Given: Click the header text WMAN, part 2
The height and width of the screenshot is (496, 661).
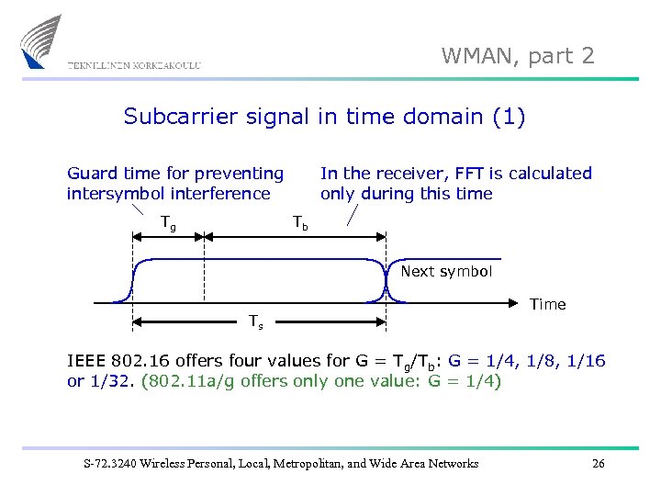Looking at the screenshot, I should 518,56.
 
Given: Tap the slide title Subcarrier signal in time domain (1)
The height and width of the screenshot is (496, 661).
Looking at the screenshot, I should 324,117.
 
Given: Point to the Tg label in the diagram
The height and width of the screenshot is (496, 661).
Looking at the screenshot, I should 169,221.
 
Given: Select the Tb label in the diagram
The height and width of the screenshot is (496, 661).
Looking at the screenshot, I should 300,221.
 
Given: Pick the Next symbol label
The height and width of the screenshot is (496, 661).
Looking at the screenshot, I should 446,272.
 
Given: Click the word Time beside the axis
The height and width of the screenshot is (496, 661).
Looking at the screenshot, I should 548,304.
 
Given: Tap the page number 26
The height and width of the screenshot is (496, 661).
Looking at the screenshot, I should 599,463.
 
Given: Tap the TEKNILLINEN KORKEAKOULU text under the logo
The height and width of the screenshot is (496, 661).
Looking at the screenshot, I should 134,65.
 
